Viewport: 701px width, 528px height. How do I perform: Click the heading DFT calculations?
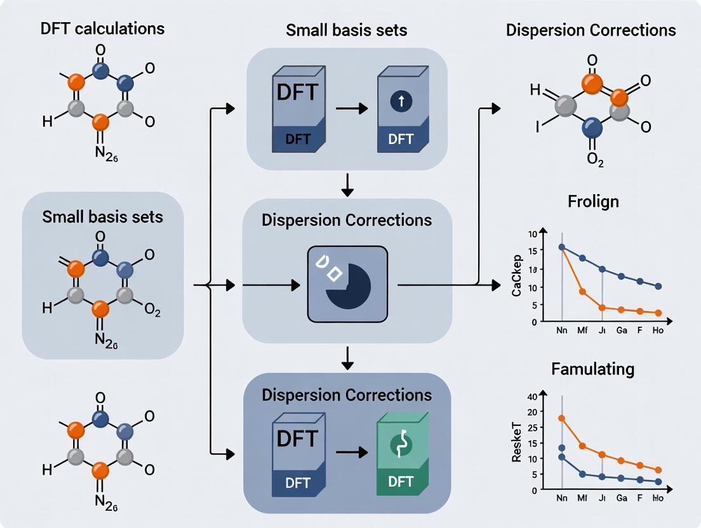click(x=102, y=28)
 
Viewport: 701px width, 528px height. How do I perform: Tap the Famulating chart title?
click(x=592, y=368)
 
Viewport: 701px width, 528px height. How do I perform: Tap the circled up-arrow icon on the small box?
click(x=401, y=101)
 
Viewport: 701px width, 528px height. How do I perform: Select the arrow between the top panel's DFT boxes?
click(x=350, y=109)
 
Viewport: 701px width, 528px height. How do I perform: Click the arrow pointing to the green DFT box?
click(x=350, y=452)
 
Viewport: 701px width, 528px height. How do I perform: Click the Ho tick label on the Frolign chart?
click(x=657, y=331)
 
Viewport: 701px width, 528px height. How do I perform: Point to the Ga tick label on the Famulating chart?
click(x=621, y=499)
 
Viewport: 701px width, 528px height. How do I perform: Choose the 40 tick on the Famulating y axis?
click(x=532, y=397)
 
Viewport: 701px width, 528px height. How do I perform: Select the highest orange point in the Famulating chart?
click(x=561, y=418)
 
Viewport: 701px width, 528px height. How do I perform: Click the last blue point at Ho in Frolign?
click(x=658, y=286)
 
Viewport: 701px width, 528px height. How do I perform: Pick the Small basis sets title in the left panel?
click(x=102, y=216)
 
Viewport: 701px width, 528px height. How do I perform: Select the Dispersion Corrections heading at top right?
click(x=591, y=30)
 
